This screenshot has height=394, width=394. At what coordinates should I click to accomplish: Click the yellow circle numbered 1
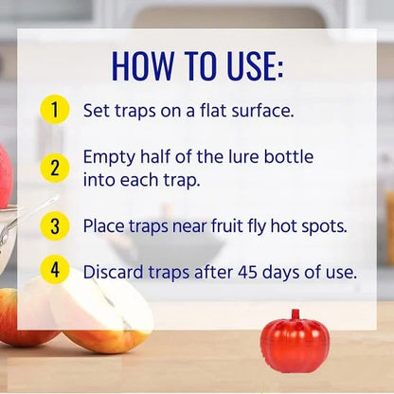pos(55,109)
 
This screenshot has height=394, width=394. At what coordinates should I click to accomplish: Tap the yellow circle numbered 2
pos(55,168)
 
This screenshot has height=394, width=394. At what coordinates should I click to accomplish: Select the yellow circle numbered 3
pos(55,225)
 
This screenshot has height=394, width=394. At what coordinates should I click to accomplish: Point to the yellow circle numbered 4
pos(55,270)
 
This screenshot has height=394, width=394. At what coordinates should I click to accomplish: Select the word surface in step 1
pos(260,110)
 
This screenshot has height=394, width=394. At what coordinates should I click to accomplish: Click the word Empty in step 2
pos(107,157)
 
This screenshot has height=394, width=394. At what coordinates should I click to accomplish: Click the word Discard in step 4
pos(115,272)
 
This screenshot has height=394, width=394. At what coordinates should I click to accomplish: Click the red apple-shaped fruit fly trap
pos(295,344)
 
